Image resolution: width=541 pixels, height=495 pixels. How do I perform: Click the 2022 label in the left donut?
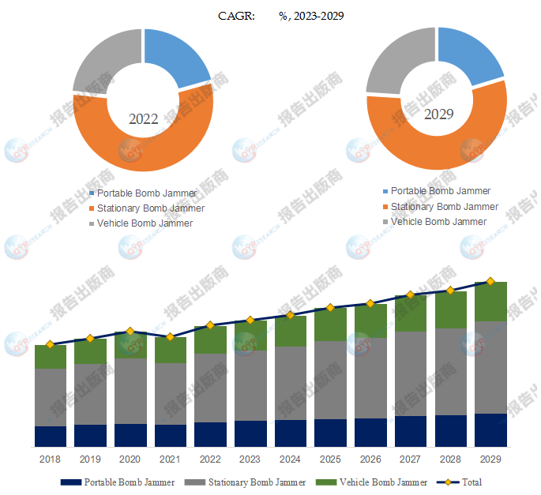(x=144, y=119)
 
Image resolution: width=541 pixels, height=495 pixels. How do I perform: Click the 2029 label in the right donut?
(x=438, y=114)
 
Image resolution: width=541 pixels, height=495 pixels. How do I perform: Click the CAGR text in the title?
(x=237, y=16)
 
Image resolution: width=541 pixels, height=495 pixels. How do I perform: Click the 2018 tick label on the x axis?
(x=50, y=459)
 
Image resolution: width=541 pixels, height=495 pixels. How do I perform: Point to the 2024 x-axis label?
(x=291, y=459)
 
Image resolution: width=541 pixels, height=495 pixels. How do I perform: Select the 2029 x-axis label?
(x=490, y=459)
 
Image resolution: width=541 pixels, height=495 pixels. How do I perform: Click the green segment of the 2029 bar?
(x=490, y=302)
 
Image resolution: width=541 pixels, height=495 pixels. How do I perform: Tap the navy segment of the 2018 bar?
(x=50, y=437)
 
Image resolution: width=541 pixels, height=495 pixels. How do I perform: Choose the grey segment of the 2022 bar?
(x=210, y=388)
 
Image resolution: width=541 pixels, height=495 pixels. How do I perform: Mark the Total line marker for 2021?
(x=170, y=337)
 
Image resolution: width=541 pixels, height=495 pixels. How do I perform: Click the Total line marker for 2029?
(x=490, y=281)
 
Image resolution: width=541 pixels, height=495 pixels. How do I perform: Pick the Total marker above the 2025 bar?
(x=331, y=307)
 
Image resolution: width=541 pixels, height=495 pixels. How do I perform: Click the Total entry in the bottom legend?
(x=471, y=482)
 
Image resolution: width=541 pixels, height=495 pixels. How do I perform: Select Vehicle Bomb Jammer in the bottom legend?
(x=383, y=482)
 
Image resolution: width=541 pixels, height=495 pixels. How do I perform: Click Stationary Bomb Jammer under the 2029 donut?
(x=445, y=207)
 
